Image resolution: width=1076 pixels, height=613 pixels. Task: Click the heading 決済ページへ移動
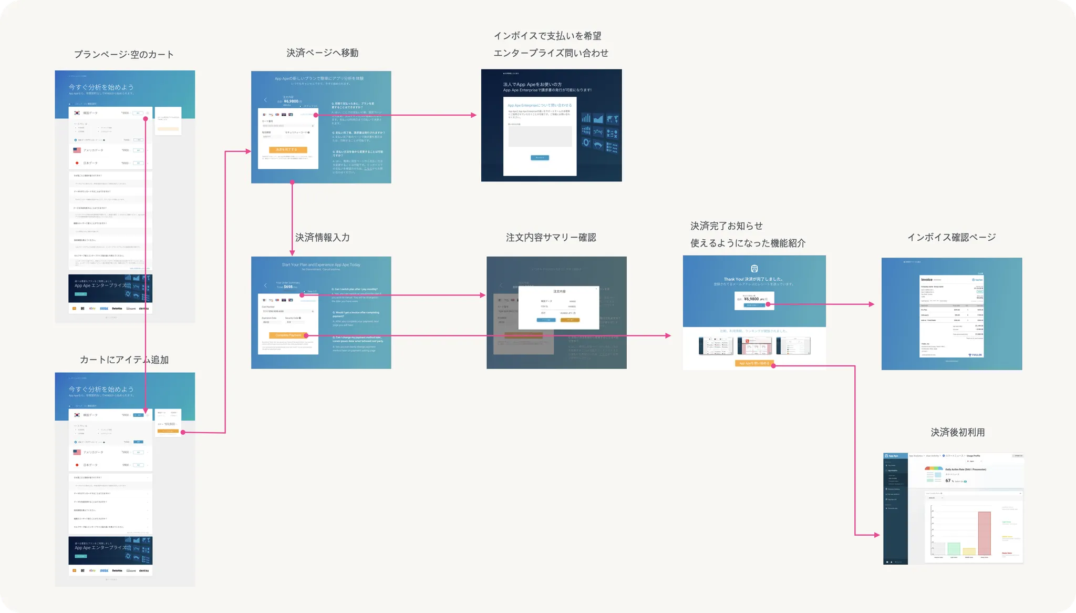(x=322, y=53)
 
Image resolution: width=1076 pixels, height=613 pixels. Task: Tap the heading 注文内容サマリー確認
(x=551, y=238)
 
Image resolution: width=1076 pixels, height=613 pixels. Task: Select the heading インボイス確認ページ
(x=951, y=238)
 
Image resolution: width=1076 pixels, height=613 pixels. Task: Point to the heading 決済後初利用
(x=957, y=433)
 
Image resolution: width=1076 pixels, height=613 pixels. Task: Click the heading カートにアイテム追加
(x=124, y=360)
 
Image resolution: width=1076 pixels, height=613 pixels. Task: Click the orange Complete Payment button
(x=288, y=335)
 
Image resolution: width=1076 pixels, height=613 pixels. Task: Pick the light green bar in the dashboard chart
(x=954, y=549)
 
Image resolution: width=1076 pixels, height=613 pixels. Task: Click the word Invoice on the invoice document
(x=926, y=280)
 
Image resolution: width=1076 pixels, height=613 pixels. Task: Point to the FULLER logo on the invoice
(x=975, y=355)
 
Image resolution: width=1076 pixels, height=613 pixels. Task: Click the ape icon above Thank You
(x=754, y=269)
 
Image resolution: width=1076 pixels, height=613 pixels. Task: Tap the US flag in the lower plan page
(x=77, y=452)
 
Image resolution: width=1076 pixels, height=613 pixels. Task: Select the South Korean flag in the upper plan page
(x=77, y=113)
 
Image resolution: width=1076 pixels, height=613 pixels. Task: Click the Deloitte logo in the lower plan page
(x=117, y=570)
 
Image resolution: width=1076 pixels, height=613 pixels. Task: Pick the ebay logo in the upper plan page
(x=92, y=309)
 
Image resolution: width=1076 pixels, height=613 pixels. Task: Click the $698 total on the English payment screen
(x=288, y=287)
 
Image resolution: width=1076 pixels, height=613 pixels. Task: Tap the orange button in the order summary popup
(x=570, y=320)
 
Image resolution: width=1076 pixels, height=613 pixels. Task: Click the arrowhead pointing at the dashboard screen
(x=876, y=535)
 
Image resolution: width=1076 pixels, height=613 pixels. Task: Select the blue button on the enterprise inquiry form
(x=540, y=158)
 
